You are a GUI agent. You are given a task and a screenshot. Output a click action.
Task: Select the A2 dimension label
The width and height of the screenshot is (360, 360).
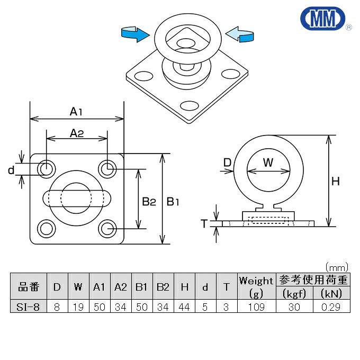pyautogui.click(x=77, y=133)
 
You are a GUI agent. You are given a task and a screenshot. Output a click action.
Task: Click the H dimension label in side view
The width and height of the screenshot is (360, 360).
pyautogui.click(x=335, y=182)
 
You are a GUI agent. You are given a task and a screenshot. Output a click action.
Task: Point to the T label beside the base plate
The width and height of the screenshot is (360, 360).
pyautogui.click(x=204, y=223)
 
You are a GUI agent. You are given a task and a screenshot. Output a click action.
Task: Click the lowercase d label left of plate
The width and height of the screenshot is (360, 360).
pyautogui.click(x=11, y=169)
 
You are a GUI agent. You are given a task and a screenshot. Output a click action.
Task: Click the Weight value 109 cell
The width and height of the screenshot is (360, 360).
pyautogui.click(x=256, y=307)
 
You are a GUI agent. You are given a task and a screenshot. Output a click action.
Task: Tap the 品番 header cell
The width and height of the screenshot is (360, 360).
pyautogui.click(x=29, y=287)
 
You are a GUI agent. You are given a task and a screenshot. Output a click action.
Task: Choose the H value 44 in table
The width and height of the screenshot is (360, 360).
pyautogui.click(x=184, y=307)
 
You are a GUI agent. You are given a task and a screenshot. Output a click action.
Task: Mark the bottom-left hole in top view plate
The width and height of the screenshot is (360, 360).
pyautogui.click(x=47, y=229)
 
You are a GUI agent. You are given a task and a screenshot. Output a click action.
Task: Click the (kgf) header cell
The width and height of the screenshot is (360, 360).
pyautogui.click(x=293, y=293)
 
